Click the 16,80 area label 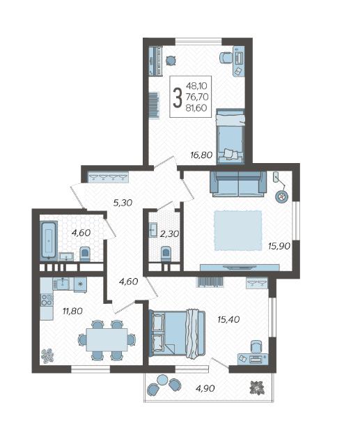tap(201, 154)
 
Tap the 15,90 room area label tap(279, 246)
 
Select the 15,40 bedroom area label tap(228, 319)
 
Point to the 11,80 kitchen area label tap(72, 311)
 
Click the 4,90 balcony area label tap(205, 388)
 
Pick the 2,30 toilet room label tap(169, 233)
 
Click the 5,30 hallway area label tap(123, 202)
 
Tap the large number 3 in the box tap(178, 97)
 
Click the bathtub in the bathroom tap(49, 240)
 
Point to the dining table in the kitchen tap(107, 340)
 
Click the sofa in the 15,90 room tap(238, 183)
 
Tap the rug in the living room tap(238, 231)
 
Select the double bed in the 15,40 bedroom tap(178, 333)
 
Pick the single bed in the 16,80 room tap(230, 136)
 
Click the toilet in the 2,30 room tap(166, 254)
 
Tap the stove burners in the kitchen tap(47, 300)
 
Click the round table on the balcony tap(162, 380)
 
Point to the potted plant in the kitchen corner tap(47, 356)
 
